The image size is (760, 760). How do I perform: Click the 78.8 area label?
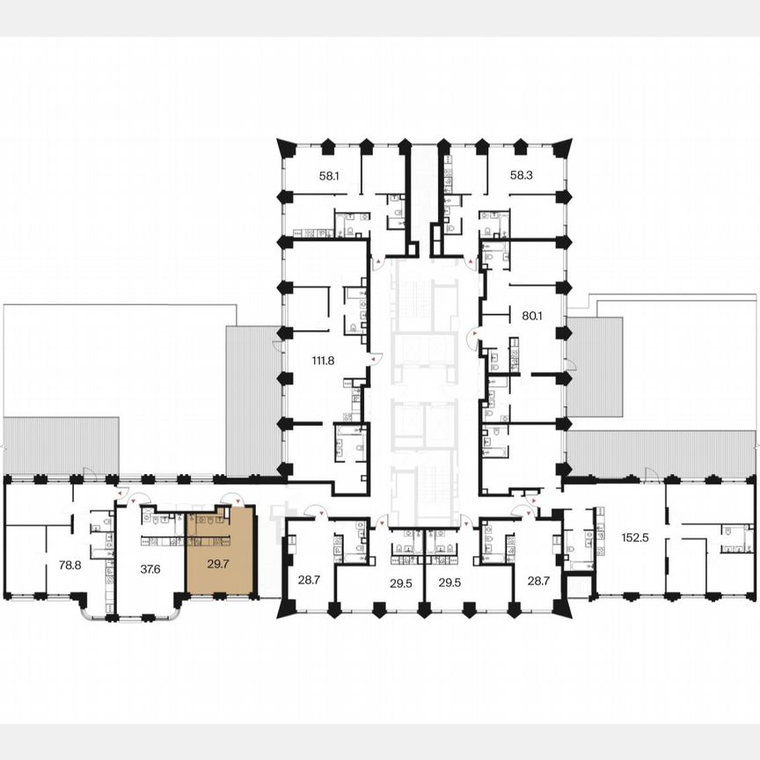click(x=70, y=566)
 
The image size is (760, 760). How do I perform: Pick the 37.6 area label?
click(x=150, y=568)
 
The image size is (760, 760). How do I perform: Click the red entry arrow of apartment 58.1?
click(x=378, y=261)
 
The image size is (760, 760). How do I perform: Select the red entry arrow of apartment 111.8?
click(x=372, y=358)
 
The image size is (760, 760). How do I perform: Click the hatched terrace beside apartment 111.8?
click(x=252, y=400)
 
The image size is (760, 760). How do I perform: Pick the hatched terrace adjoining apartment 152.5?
click(x=660, y=454)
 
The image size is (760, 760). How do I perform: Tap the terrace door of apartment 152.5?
click(x=651, y=475)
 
